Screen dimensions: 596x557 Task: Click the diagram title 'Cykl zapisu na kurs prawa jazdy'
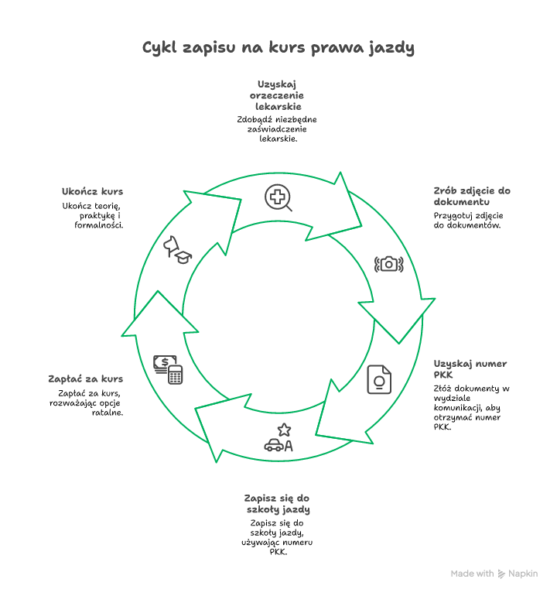click(278, 48)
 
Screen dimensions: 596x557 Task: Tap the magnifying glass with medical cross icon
click(278, 198)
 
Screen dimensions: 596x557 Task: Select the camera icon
click(389, 264)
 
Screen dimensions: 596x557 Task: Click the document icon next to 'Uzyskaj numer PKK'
click(379, 379)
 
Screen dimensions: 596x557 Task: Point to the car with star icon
click(278, 438)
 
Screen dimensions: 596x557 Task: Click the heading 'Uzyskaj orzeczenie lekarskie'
click(278, 95)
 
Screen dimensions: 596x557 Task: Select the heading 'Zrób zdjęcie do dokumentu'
click(472, 197)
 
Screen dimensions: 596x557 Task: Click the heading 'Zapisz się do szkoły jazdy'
click(278, 504)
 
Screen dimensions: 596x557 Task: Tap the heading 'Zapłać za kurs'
click(85, 379)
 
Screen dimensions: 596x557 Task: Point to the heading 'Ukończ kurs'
click(92, 192)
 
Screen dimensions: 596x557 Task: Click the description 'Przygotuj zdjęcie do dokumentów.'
click(469, 220)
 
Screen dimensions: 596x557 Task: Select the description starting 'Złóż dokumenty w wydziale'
click(470, 407)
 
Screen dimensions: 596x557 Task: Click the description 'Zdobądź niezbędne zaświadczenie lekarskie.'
click(278, 129)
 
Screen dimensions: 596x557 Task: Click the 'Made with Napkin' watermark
click(494, 574)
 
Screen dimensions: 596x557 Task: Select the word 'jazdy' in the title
click(393, 49)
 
